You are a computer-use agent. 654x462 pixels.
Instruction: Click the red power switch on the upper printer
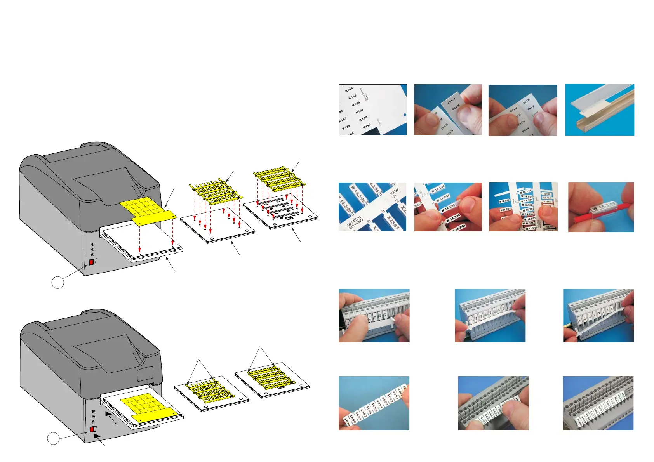pos(92,262)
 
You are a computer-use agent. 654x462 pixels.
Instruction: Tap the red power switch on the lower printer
pos(92,429)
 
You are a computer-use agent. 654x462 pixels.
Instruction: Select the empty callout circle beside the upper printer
pos(57,282)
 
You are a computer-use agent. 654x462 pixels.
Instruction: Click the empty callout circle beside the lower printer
pos(54,439)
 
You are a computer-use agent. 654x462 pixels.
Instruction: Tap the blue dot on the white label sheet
pos(404,115)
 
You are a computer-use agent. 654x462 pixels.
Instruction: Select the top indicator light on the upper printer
pos(92,245)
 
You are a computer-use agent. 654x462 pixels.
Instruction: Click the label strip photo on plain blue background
pos(374,403)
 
